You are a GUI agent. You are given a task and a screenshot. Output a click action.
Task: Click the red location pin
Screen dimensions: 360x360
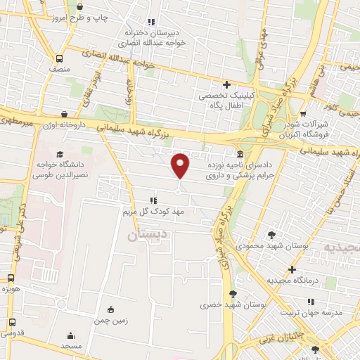tap(181, 165)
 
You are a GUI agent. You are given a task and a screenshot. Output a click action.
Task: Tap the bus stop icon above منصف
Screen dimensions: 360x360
tap(60, 58)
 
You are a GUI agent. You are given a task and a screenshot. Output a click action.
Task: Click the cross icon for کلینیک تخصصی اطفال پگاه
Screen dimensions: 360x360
tap(226, 84)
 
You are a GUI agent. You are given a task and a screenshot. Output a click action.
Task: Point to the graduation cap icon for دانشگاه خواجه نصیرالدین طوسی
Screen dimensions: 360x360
tap(60, 154)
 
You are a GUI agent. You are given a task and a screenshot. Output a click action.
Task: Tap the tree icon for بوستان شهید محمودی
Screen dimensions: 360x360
tap(272, 235)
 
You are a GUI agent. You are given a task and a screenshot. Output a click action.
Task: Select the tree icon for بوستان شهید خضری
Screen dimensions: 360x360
tap(233, 294)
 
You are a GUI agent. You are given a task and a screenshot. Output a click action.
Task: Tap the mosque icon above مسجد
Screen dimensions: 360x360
tap(70, 336)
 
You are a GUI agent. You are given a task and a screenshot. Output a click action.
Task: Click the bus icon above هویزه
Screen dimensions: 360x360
tap(11, 278)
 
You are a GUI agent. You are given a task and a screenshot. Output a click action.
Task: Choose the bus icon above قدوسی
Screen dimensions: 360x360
tap(11, 322)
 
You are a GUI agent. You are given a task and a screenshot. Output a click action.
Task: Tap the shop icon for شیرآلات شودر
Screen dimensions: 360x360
tap(304, 112)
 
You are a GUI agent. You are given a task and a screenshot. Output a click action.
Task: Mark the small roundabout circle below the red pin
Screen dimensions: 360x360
tap(179, 192)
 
